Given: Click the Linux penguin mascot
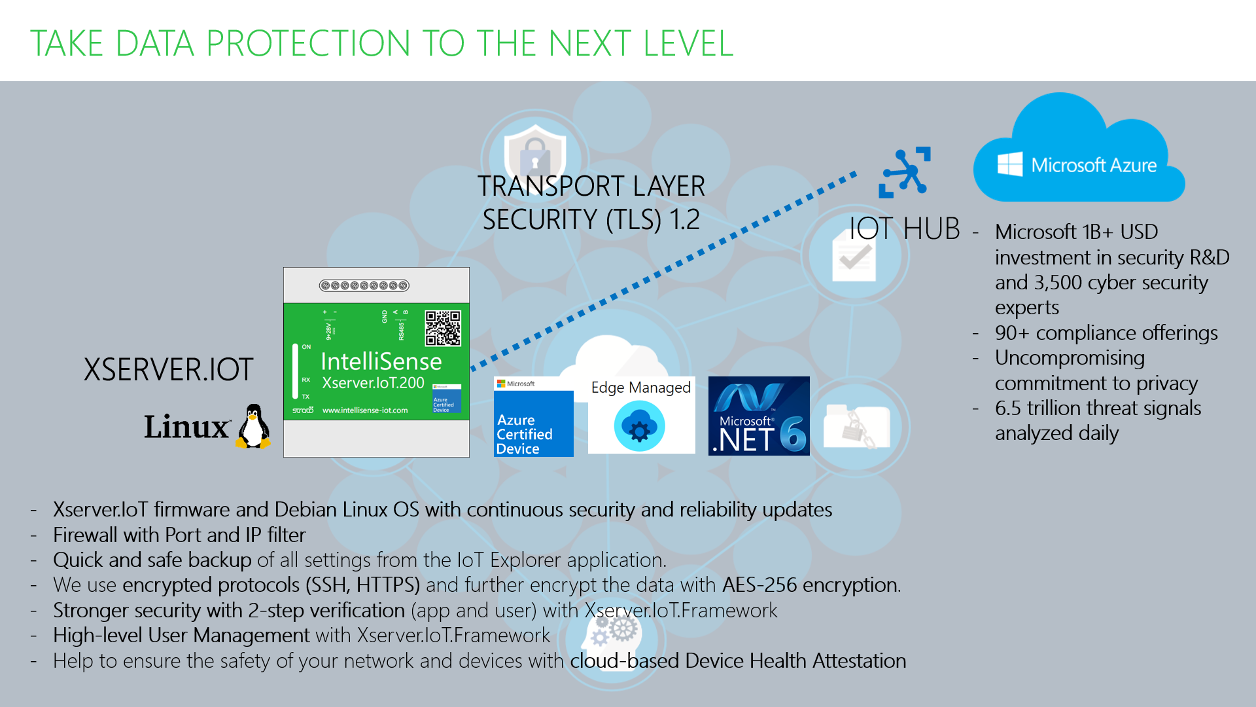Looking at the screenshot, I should point(254,426).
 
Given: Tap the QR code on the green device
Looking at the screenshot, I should point(443,328).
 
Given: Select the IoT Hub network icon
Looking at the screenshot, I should point(905,172).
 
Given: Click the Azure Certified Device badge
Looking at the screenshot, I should point(533,417).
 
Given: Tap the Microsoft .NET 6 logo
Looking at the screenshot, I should point(759,416).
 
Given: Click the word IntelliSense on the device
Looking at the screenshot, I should point(381,361).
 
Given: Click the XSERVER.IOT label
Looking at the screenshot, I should point(168,370).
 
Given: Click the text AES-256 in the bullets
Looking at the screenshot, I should point(759,585).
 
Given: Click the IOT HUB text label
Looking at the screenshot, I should point(904,229).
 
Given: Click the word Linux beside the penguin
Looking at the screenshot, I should point(187,427).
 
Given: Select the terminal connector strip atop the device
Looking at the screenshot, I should point(364,285).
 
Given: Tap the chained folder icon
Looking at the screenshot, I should point(856,427).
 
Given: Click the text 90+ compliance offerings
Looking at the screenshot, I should point(1106,333).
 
